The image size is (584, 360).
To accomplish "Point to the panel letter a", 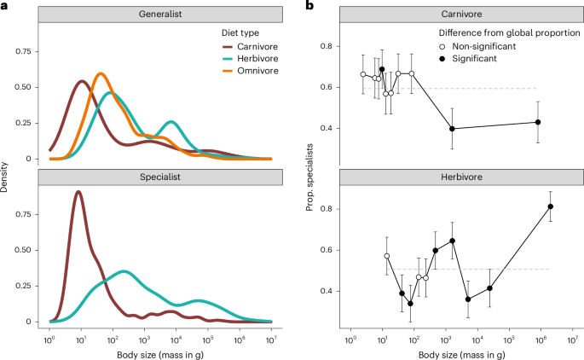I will [x=4, y=6].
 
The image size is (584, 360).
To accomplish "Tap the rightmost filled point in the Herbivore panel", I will [x=550, y=206].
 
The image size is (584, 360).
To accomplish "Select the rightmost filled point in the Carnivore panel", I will [x=538, y=122].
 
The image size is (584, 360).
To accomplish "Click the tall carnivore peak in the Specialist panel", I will [x=78, y=192].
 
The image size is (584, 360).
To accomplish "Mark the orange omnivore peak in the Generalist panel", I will [x=101, y=74].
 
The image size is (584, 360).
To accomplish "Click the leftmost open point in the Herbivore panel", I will [x=386, y=256].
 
